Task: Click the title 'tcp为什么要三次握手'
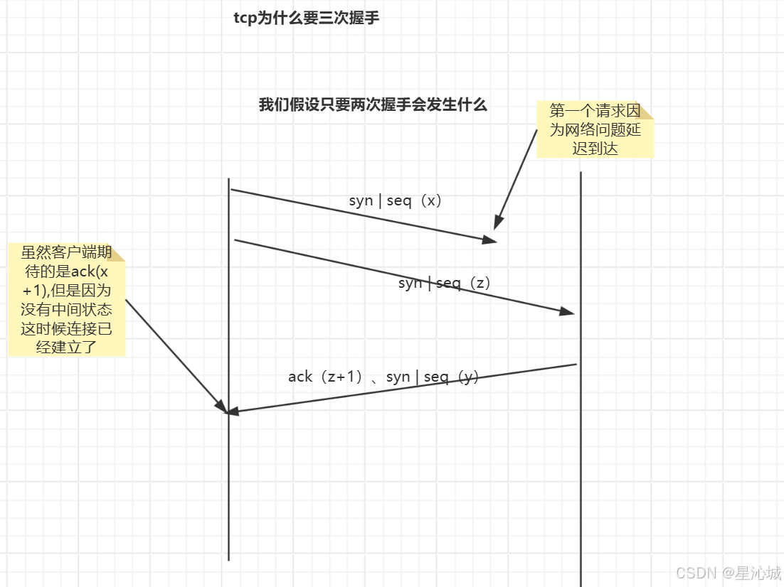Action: click(306, 18)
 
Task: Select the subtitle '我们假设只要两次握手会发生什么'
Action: click(373, 105)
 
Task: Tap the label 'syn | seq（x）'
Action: click(396, 200)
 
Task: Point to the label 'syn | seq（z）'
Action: click(445, 283)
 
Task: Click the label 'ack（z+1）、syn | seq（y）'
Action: click(383, 377)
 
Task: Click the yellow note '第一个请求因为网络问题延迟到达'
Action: click(595, 129)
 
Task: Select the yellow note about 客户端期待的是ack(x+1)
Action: click(66, 299)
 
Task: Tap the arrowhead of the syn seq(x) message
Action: click(489, 240)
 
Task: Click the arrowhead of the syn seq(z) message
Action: click(567, 311)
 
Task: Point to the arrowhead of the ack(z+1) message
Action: click(232, 411)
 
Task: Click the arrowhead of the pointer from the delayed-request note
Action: click(498, 222)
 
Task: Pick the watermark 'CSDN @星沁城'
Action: click(728, 573)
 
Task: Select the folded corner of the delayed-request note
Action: click(646, 109)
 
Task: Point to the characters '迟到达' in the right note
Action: click(595, 149)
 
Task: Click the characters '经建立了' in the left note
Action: click(66, 347)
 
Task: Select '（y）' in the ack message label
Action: click(467, 377)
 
